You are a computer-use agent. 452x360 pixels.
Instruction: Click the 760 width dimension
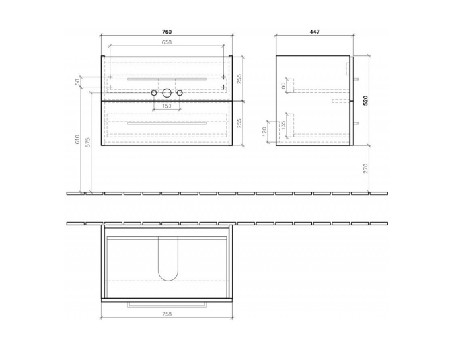click(x=167, y=32)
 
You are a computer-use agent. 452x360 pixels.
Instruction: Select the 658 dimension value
click(x=167, y=42)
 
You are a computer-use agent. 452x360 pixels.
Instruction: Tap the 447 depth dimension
click(x=315, y=32)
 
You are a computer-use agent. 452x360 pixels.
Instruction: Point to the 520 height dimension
click(x=365, y=100)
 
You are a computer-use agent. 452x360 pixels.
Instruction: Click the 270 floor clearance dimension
click(x=365, y=168)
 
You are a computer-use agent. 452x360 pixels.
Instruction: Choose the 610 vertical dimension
click(x=77, y=139)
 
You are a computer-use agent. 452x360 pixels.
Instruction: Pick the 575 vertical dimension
click(x=88, y=142)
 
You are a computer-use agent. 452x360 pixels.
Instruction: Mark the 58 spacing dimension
click(x=77, y=82)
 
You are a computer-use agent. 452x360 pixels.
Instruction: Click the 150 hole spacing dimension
click(x=167, y=106)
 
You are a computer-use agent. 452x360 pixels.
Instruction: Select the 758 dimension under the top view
click(x=167, y=314)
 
